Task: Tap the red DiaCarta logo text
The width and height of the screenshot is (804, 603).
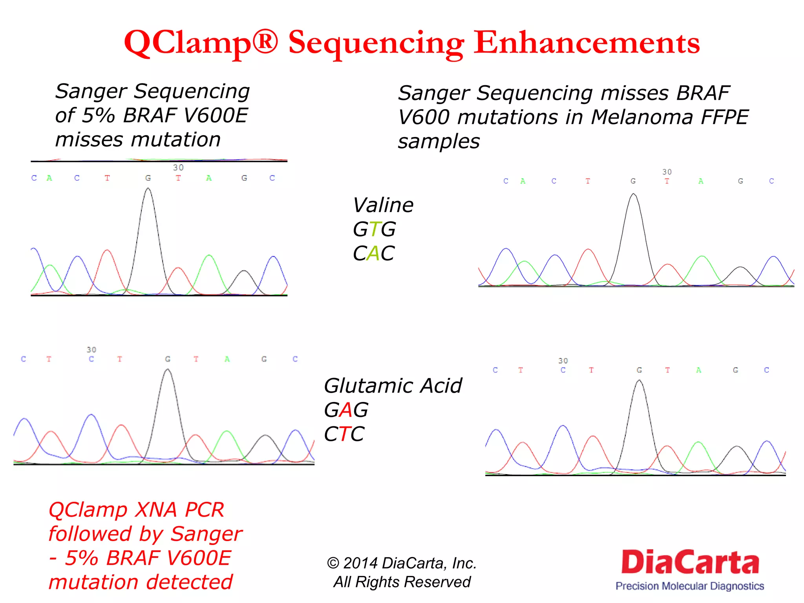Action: click(690, 562)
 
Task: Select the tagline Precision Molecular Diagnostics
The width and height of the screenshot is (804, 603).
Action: click(690, 586)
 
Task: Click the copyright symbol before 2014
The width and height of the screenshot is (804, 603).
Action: click(333, 563)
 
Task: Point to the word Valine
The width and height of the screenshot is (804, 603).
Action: click(383, 205)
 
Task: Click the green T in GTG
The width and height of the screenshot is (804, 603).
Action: click(375, 229)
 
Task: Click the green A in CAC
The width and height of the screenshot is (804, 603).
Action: click(374, 253)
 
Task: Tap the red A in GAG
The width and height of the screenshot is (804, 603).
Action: click(346, 410)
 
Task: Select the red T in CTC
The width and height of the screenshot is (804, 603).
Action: click(344, 434)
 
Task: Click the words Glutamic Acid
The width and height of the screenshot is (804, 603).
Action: click(393, 386)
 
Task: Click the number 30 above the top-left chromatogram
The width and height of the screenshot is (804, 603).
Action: click(178, 168)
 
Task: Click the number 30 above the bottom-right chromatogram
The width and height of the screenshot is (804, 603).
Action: click(563, 361)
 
